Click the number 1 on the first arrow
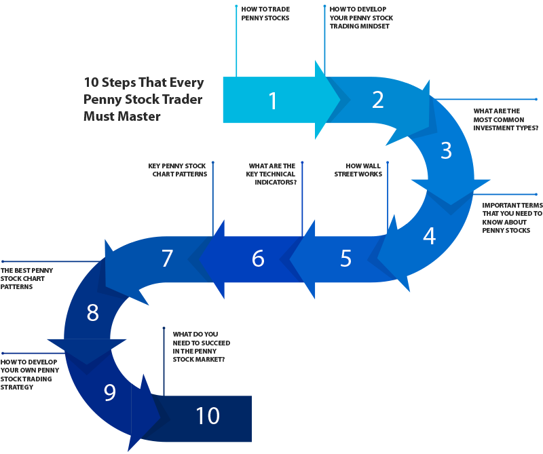point(273,101)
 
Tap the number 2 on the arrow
point(378,100)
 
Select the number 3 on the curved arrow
point(446,150)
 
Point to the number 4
point(429,235)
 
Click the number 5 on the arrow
point(346,258)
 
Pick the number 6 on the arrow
point(257,258)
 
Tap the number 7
point(167,258)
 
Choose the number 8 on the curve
point(93,313)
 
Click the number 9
point(110,392)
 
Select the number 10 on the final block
point(208,416)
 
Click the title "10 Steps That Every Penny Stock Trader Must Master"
point(144,99)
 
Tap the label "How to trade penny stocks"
point(265,14)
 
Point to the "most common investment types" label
point(506,119)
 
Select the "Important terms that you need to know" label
point(512,217)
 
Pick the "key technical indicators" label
point(271,174)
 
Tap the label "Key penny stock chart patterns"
point(178,170)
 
